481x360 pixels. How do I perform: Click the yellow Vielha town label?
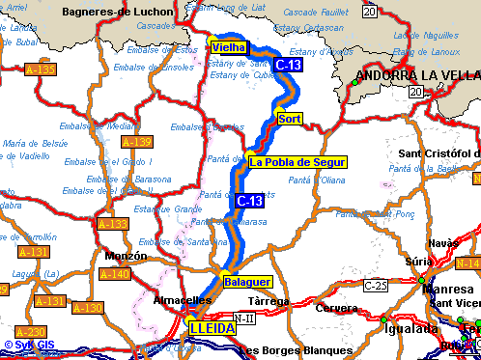click(x=228, y=47)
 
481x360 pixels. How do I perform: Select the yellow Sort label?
click(x=290, y=119)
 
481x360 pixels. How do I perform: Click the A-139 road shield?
click(x=137, y=142)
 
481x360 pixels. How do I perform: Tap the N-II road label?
click(x=247, y=317)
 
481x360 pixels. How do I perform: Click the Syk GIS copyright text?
click(x=31, y=345)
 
